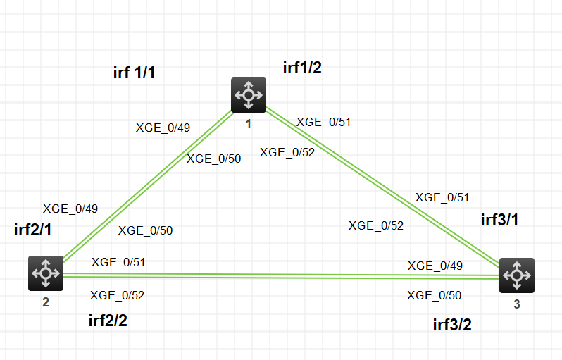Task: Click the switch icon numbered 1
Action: [x=248, y=95]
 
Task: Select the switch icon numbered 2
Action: [x=46, y=273]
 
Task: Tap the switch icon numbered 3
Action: [x=517, y=275]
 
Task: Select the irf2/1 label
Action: [x=33, y=230]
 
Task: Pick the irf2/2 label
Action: [x=108, y=321]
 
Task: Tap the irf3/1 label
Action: [x=499, y=219]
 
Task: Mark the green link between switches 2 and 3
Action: [x=282, y=275]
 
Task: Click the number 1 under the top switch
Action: [x=248, y=125]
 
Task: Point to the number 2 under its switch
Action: [x=46, y=304]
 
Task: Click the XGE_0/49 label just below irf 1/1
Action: [x=163, y=128]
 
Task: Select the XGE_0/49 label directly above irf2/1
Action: [x=70, y=208]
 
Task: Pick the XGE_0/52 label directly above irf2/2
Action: [x=118, y=295]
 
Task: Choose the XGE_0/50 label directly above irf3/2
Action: [x=435, y=295]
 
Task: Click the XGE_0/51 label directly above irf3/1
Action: [x=442, y=197]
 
